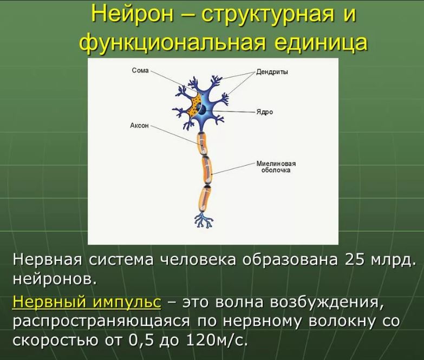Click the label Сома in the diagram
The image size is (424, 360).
pos(140,70)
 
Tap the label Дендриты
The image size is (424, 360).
pos(272,72)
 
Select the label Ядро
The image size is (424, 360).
pos(265,112)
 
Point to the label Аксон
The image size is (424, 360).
pos(139,126)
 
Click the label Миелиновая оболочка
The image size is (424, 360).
pos(276,167)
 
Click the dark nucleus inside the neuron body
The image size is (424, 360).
pos(203,110)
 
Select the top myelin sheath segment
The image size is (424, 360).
pos(203,143)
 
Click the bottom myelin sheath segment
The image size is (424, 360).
pos(205,199)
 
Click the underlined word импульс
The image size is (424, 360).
pos(127,302)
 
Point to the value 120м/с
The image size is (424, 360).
pos(217,341)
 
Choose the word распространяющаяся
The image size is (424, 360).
pos(101,322)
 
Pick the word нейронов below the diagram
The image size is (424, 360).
pos(55,279)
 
